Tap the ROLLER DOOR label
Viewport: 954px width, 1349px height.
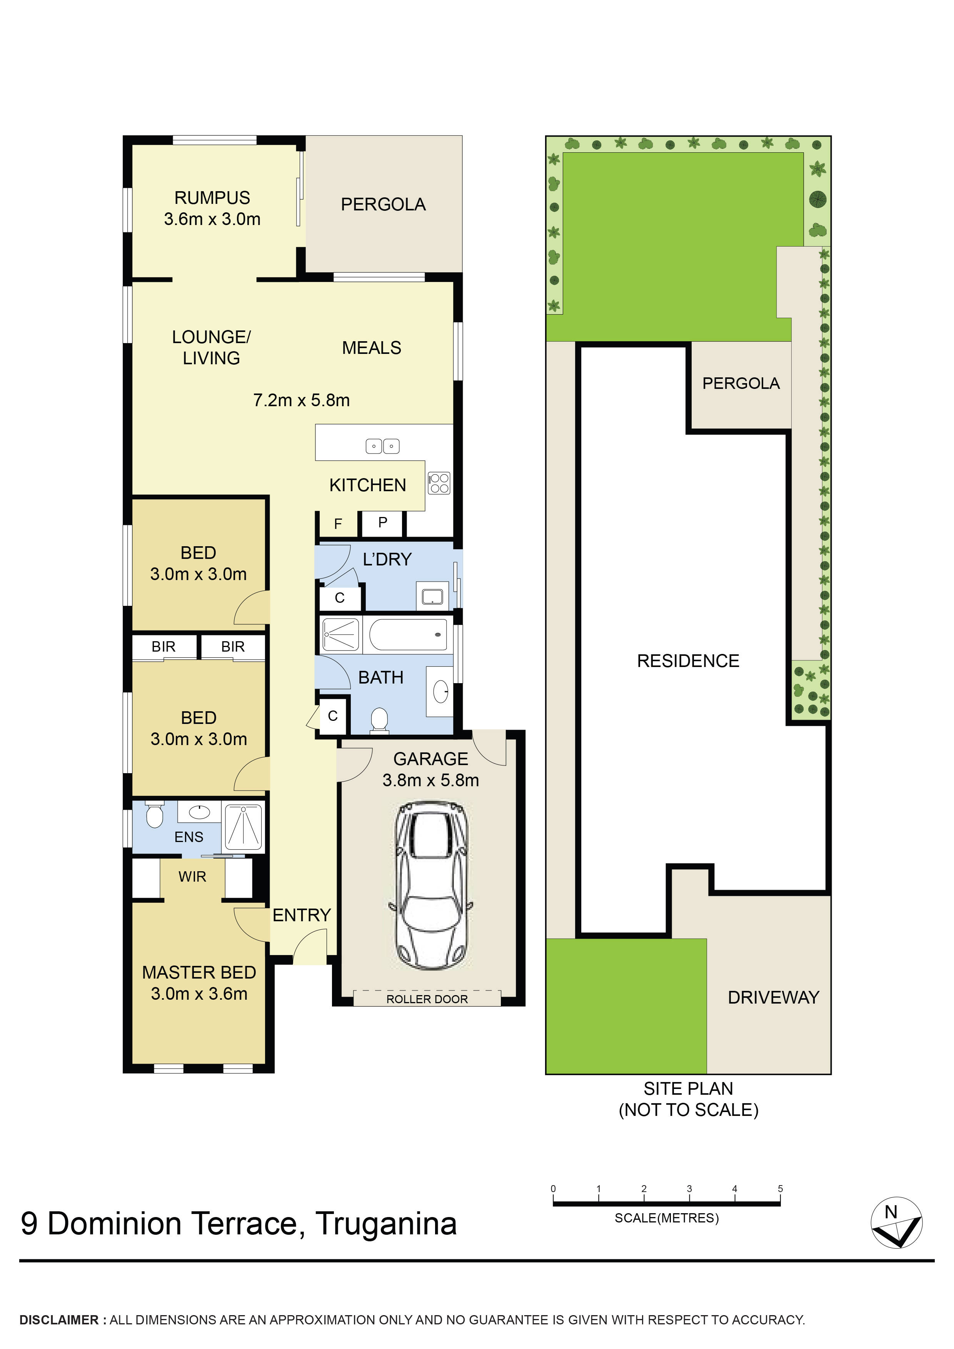(427, 999)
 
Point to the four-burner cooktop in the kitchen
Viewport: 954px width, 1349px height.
(439, 483)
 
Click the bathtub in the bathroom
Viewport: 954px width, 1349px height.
(408, 635)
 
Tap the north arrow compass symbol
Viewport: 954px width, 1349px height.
(896, 1223)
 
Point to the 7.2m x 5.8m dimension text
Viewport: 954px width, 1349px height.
(301, 400)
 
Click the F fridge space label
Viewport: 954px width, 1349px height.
(338, 524)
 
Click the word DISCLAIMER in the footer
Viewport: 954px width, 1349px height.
(59, 1320)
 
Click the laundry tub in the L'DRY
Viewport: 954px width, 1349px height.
(432, 596)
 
